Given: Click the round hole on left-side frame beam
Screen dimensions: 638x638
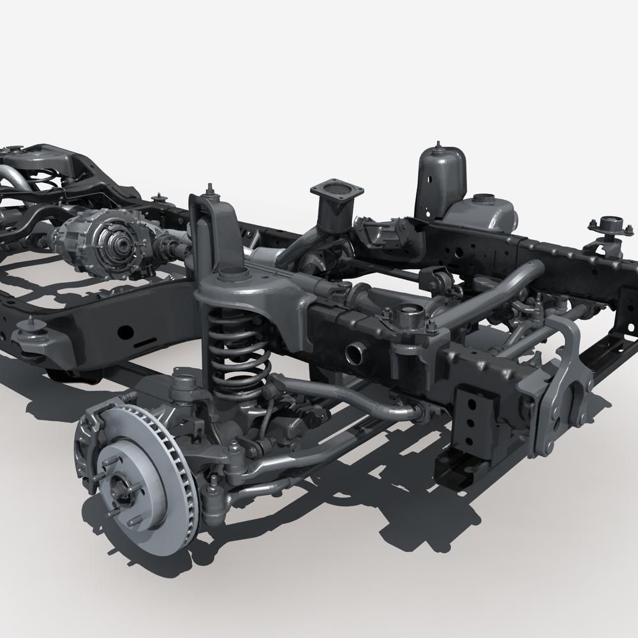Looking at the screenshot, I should tap(126, 332).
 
